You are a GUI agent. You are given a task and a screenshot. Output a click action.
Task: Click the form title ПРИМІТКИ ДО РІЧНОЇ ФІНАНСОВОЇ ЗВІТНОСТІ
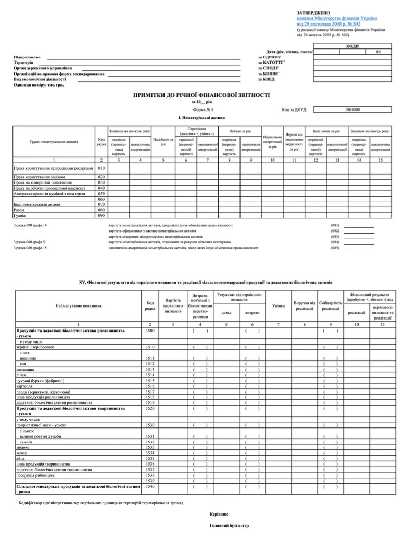pyautogui.click(x=201, y=95)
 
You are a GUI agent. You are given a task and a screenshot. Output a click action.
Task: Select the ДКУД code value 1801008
pyautogui.click(x=352, y=110)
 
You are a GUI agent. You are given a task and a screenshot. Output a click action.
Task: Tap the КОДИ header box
pyautogui.click(x=352, y=46)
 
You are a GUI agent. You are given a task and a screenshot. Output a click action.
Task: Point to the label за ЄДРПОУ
pyautogui.click(x=269, y=57)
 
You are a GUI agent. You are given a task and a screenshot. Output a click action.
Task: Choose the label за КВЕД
pyautogui.click(x=265, y=79)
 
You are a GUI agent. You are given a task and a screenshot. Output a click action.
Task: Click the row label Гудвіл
pyautogui.click(x=20, y=215)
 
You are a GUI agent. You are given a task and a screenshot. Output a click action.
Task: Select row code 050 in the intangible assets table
pyautogui.click(x=102, y=193)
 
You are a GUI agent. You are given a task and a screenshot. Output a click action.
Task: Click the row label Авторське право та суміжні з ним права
pyautogui.click(x=49, y=193)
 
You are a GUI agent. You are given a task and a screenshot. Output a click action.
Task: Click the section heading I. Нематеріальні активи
pyautogui.click(x=201, y=119)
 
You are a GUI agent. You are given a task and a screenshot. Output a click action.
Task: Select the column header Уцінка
pyautogui.click(x=279, y=305)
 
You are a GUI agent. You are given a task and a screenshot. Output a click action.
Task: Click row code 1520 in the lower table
pyautogui.click(x=150, y=408)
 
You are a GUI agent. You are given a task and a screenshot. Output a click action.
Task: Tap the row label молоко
pyautogui.click(x=23, y=447)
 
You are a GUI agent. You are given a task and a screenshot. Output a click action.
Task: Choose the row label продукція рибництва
pyautogui.click(x=35, y=475)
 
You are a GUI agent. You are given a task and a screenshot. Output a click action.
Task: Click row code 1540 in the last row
pyautogui.click(x=150, y=486)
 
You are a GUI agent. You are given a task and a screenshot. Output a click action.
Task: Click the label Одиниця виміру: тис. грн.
pyautogui.click(x=39, y=84)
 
